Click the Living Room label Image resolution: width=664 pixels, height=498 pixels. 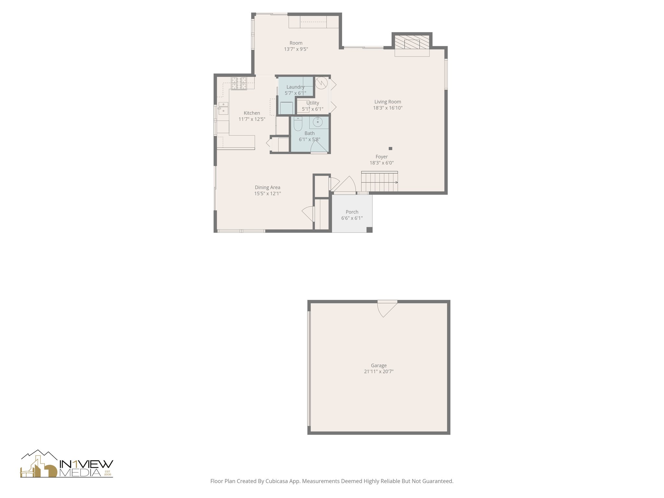pos(387,102)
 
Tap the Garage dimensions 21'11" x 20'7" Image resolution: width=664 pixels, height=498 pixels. pos(378,372)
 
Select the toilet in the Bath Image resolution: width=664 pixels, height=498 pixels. pos(298,124)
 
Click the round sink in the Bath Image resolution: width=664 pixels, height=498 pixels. pos(317,122)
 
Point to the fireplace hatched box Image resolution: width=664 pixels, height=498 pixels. pos(412,42)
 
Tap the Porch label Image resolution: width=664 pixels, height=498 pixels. pos(352,212)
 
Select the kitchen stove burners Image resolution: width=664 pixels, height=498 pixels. pos(239,83)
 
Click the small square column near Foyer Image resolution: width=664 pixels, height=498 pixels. pos(390,148)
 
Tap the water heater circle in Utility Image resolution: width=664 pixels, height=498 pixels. pos(321,83)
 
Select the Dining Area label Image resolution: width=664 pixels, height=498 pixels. pos(267,187)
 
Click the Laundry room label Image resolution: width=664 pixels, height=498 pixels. pos(295,87)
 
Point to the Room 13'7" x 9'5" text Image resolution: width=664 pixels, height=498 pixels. pos(296,49)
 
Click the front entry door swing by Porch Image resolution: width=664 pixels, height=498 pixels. pos(346,184)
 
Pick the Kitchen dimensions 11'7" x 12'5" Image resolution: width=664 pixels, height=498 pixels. pos(252,119)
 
